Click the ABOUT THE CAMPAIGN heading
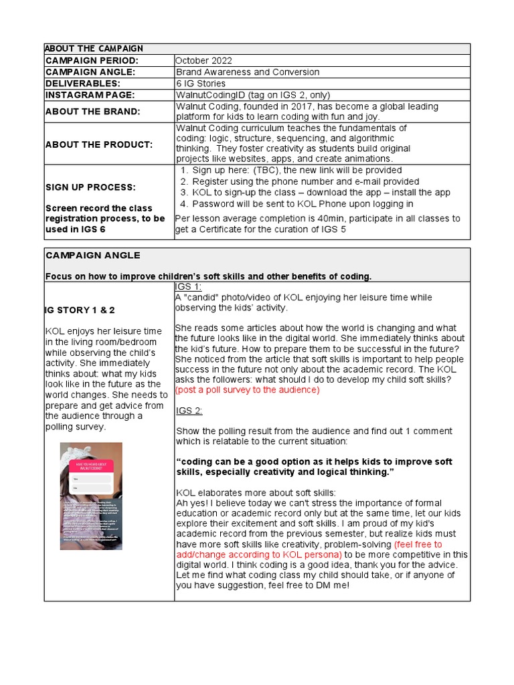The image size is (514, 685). click(94, 49)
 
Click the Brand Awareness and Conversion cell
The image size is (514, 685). click(247, 72)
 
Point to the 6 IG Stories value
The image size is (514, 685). click(201, 83)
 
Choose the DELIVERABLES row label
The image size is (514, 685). click(83, 83)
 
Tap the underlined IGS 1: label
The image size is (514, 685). click(188, 286)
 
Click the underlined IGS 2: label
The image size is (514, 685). click(189, 410)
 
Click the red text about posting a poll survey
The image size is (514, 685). click(247, 389)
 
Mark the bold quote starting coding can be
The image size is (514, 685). click(314, 467)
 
